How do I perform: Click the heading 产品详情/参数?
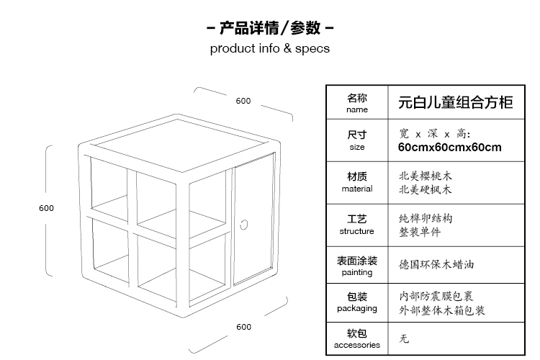click(x=270, y=28)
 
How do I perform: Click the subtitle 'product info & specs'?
click(x=270, y=48)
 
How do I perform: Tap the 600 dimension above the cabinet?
click(x=243, y=101)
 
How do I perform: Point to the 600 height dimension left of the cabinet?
click(x=46, y=208)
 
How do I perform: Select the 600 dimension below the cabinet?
click(x=244, y=327)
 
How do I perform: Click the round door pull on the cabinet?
click(x=244, y=225)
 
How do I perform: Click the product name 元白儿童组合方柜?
click(x=456, y=102)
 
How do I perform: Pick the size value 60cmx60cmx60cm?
click(x=450, y=148)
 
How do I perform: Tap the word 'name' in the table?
click(x=357, y=109)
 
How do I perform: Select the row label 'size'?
click(x=357, y=147)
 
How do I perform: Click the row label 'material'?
click(x=357, y=189)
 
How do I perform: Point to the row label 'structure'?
click(x=357, y=231)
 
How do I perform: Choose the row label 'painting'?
click(x=357, y=272)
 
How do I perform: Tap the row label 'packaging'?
click(x=357, y=308)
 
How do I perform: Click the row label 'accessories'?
click(x=357, y=345)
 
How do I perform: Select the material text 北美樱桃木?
click(x=426, y=176)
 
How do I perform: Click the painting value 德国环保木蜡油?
click(x=436, y=264)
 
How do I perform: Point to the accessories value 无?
click(x=404, y=339)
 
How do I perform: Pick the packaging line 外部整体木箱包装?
click(x=442, y=310)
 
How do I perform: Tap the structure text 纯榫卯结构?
click(x=426, y=218)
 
